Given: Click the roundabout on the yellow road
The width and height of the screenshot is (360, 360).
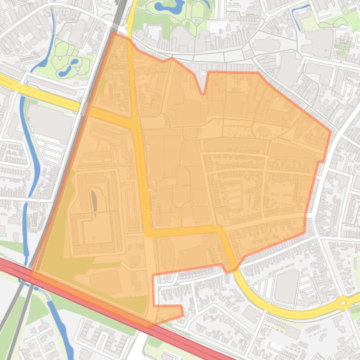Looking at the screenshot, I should [344, 303].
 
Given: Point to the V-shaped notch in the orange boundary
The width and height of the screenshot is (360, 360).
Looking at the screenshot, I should [203, 93].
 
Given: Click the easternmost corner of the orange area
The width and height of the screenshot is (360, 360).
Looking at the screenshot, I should [331, 131].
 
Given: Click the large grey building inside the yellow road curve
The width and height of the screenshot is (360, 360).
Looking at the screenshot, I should [287, 285].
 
